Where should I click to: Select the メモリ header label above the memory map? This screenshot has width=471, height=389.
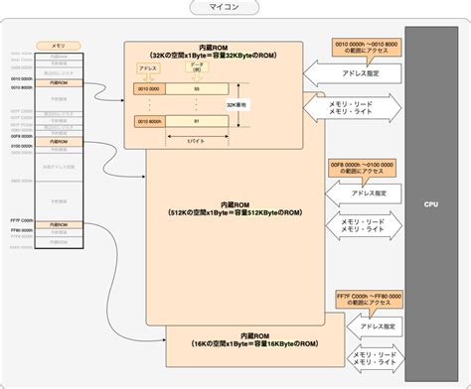click(x=59, y=46)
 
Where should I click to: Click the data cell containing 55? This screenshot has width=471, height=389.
click(x=197, y=89)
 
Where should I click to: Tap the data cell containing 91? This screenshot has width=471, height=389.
click(x=197, y=122)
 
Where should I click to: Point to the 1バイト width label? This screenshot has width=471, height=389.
click(x=197, y=141)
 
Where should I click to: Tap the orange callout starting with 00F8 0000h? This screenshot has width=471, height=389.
click(x=363, y=166)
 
